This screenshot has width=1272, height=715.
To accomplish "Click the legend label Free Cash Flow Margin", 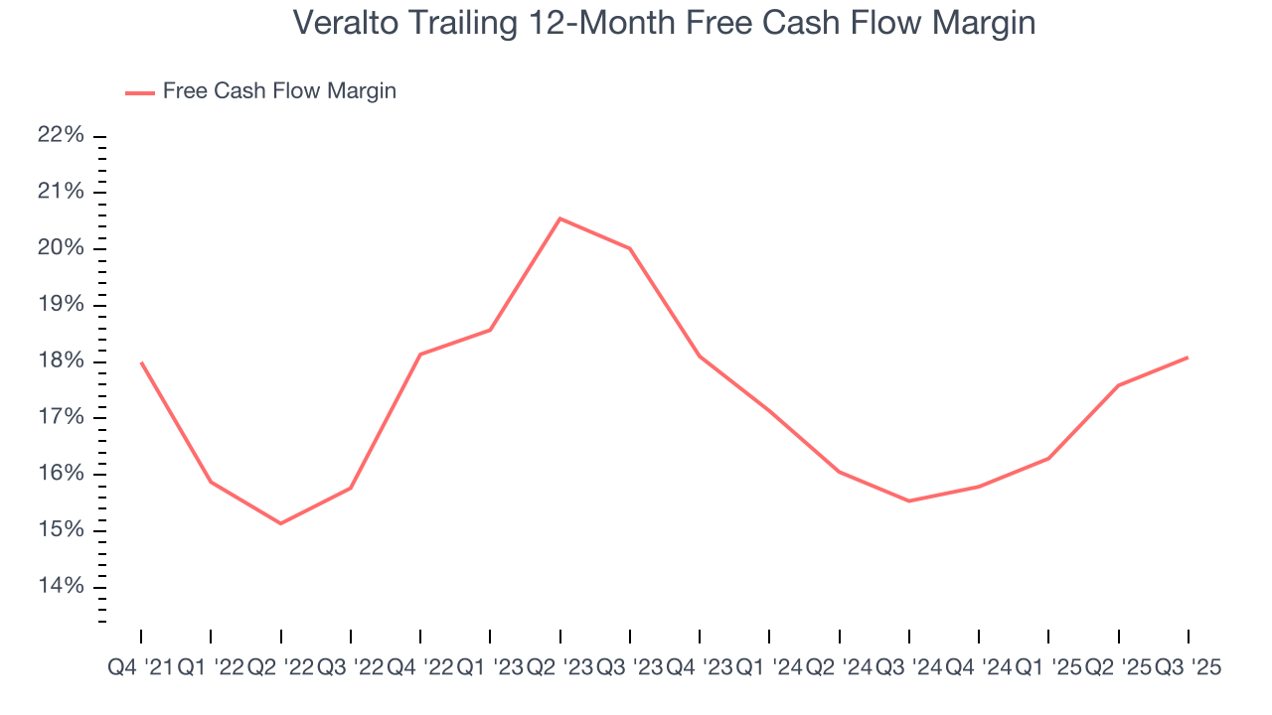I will coord(279,91).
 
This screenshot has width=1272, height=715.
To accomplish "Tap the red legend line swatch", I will coord(139,92).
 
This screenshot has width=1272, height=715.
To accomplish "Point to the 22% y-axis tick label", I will coord(62,135).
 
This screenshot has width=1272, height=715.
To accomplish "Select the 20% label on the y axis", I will coord(62,248).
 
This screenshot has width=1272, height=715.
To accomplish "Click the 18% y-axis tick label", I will coord(62,360).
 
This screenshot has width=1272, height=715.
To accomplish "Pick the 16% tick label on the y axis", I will coord(62,474).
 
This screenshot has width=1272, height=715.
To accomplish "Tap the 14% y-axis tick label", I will coord(62,586).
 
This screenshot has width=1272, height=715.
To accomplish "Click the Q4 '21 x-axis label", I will coord(140,668).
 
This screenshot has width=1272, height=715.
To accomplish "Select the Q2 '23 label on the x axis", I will coord(560,668).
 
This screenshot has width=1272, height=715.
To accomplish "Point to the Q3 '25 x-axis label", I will coord(1189,668).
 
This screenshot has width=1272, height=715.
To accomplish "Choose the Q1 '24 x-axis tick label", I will coord(769,668).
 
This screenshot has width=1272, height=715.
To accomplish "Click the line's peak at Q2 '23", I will coord(560,218).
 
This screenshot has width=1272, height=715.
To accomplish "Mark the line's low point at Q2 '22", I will coord(280,523).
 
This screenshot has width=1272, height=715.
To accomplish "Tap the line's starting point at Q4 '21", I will coord(141,362).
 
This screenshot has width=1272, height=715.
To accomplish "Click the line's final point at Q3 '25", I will coord(1188,357).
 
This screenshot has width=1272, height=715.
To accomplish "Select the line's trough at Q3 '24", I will coord(909,500).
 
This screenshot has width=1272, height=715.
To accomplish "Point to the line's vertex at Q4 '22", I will coord(420,355).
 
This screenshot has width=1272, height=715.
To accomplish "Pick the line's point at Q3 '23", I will coord(630,248).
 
